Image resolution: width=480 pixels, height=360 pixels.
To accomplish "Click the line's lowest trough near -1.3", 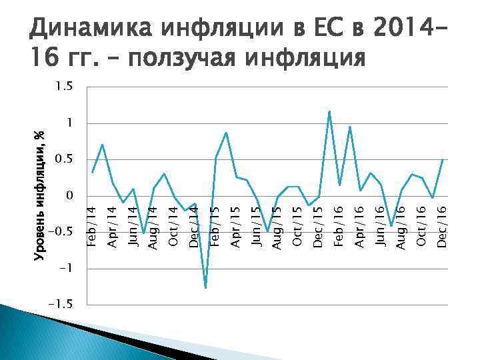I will point(205,288).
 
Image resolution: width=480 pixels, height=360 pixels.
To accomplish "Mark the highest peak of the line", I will point(329,111).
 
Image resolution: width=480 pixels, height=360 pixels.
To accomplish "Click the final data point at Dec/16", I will point(443,159).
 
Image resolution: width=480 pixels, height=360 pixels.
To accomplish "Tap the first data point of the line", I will point(92,173).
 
